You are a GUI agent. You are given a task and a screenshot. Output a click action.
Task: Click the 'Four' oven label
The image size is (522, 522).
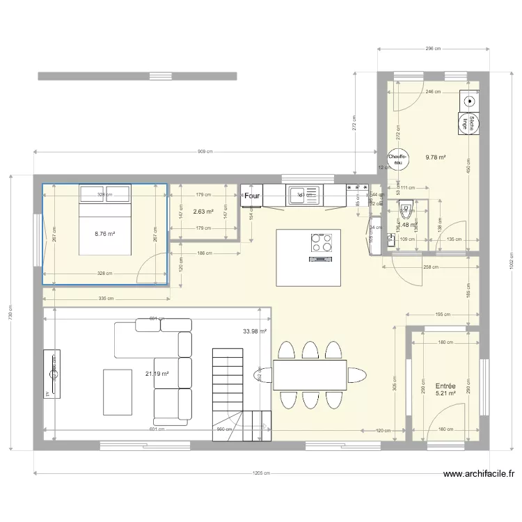tap(251, 196)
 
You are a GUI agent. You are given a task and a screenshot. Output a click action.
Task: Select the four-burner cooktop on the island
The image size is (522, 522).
tap(321, 242)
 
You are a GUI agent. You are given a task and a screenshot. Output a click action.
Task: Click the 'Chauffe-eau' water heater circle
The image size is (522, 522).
tap(397, 159)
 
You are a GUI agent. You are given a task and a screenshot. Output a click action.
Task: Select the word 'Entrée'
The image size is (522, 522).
tap(445, 386)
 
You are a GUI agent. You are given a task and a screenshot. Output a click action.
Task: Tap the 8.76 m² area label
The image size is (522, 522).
tap(105, 235)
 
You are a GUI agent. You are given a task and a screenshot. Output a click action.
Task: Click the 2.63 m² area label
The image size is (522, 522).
tap(203, 212)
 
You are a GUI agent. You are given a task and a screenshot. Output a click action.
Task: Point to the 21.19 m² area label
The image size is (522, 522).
tap(157, 374)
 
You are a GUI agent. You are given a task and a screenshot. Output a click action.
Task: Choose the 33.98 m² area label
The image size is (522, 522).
tap(255, 331)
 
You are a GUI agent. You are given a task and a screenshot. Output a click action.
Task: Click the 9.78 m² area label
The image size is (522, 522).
tap(436, 157)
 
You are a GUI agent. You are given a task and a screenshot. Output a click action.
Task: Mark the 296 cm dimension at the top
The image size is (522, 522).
tap(434, 49)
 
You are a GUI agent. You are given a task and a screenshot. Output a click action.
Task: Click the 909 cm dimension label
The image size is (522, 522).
tap(205, 152)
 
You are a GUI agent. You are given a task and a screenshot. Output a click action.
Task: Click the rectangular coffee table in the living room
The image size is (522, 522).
tap(118, 391)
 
